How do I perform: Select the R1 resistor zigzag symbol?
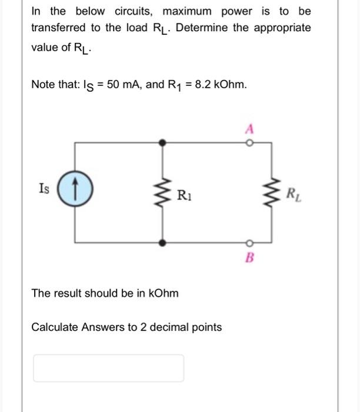(x=164, y=191)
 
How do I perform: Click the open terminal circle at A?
(x=249, y=142)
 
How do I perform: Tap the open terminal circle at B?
(x=249, y=242)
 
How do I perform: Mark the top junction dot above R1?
(x=164, y=142)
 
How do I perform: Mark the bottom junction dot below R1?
(x=164, y=242)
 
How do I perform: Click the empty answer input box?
(x=108, y=368)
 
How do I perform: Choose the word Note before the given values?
(x=43, y=85)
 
